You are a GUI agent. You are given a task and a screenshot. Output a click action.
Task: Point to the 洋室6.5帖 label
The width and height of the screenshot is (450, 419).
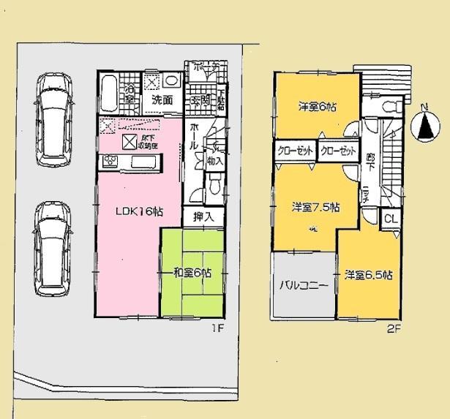pyautogui.click(x=369, y=275)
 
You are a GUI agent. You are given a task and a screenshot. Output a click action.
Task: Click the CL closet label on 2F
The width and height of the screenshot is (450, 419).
pyautogui.click(x=389, y=219)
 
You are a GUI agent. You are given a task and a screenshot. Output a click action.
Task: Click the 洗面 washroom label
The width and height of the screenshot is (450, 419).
pyautogui.click(x=162, y=100)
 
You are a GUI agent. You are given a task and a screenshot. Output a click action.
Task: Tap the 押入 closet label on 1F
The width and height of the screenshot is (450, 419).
pyautogui.click(x=203, y=216)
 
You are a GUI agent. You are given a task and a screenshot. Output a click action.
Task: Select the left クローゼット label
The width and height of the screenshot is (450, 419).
pyautogui.click(x=294, y=151)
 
